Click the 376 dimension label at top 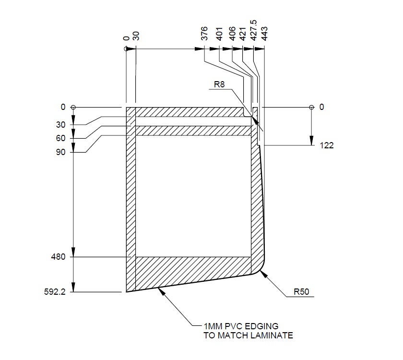pos(204,35)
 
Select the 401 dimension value pos(219,35)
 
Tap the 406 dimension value pos(232,35)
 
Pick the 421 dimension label pos(243,35)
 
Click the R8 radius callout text pos(220,85)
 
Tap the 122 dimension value pos(326,145)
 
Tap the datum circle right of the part pos(311,107)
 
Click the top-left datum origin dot pos(126,49)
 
